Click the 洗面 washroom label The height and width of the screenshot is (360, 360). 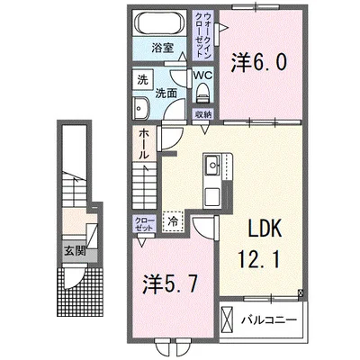pyautogui.click(x=165, y=92)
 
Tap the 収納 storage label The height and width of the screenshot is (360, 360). pyautogui.click(x=204, y=114)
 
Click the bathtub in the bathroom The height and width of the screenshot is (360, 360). pyautogui.click(x=162, y=23)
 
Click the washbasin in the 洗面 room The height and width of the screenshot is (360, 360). pyautogui.click(x=141, y=109)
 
